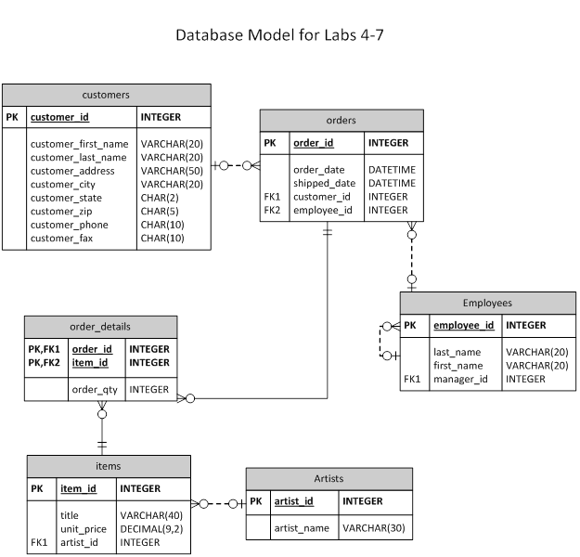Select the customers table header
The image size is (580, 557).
pos(106,95)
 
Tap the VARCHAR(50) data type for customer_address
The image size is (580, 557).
pos(172,171)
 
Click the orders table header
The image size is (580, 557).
pos(342,120)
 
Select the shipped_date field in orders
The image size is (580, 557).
pos(325,183)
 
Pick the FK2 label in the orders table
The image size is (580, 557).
pos(272,210)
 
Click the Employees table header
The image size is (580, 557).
pos(487,303)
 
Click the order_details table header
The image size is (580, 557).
pos(100,327)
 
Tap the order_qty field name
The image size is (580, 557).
pos(95,390)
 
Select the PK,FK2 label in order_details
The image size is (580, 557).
pos(45,363)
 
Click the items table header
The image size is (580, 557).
pos(108,465)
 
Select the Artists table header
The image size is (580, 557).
pos(329,478)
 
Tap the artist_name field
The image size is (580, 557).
pos(302,528)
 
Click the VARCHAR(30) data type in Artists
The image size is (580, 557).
pos(373,528)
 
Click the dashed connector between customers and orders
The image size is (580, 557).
pos(236,166)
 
